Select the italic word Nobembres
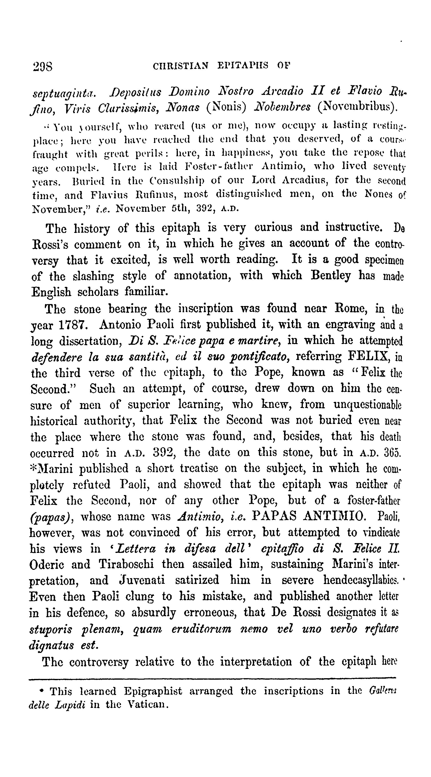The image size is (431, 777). pyautogui.click(x=282, y=107)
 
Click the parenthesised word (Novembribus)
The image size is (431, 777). pyautogui.click(x=358, y=107)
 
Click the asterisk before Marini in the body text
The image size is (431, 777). pyautogui.click(x=33, y=467)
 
